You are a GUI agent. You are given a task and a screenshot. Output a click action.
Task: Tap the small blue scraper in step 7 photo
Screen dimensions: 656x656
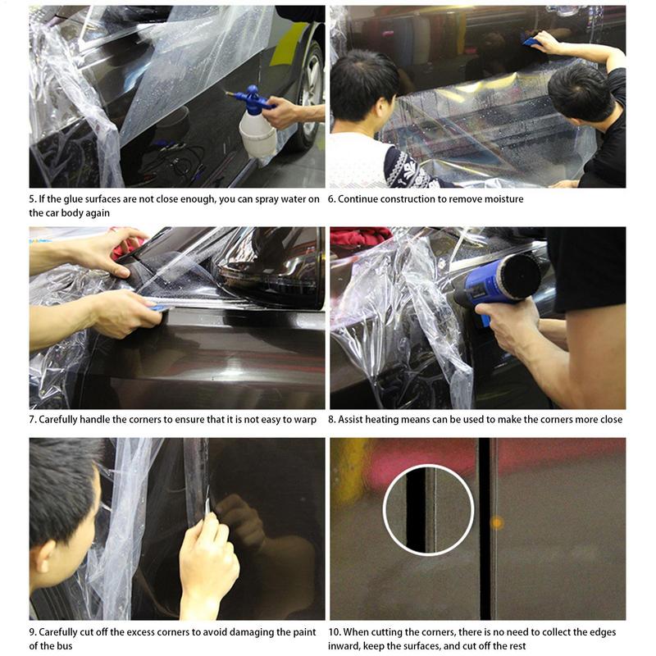tap(158, 307)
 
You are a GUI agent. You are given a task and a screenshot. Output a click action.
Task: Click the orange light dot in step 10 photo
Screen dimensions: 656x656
tap(497, 522)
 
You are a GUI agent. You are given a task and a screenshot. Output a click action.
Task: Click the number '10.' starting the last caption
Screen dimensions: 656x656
tap(335, 631)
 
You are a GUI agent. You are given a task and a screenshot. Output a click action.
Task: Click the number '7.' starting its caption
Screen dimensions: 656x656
tap(33, 419)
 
